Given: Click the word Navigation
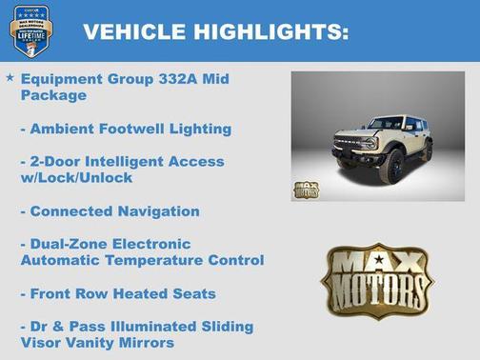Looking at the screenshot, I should tap(154, 210).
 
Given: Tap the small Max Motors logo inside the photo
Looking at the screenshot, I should tap(307, 188).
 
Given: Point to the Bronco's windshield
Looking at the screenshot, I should tap(386, 125).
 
